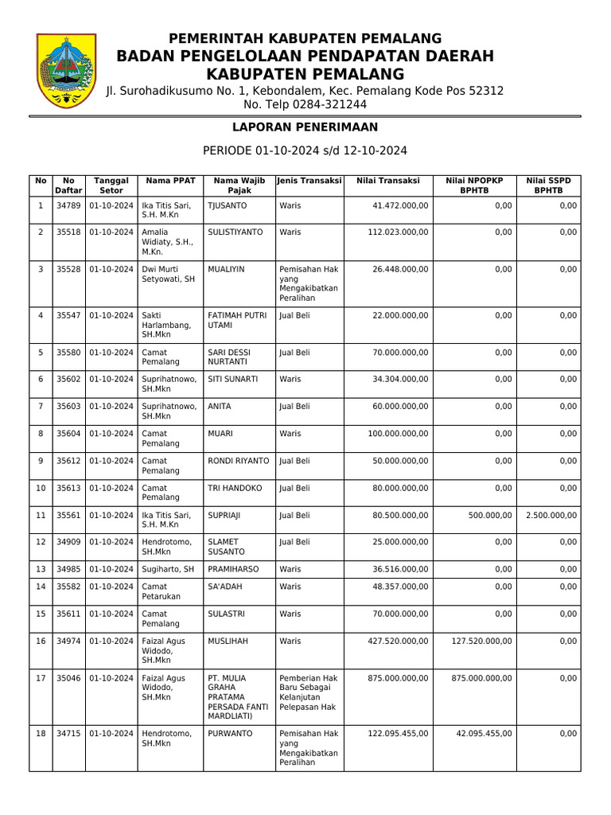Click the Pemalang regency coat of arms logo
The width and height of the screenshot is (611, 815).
coord(67,72)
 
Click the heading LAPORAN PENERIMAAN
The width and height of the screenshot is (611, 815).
coord(305,127)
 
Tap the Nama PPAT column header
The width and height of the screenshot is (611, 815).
coord(169,181)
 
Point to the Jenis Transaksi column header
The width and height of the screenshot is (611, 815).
coord(309,181)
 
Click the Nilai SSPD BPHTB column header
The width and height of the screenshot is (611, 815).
coord(548,185)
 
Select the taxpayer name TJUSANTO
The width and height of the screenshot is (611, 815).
coord(227,205)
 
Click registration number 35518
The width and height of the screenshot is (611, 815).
coord(68,232)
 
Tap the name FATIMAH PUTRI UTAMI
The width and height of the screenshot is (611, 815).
coord(236,320)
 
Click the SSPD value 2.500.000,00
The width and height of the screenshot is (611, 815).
coord(551,515)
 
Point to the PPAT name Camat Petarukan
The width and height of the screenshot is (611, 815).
coord(161,591)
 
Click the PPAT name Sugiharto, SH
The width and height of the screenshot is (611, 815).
coord(167,569)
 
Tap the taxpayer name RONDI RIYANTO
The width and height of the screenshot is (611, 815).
coord(238,461)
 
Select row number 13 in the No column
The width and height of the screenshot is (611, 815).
coord(40,569)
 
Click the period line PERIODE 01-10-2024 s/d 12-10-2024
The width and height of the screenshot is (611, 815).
coord(305,150)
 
